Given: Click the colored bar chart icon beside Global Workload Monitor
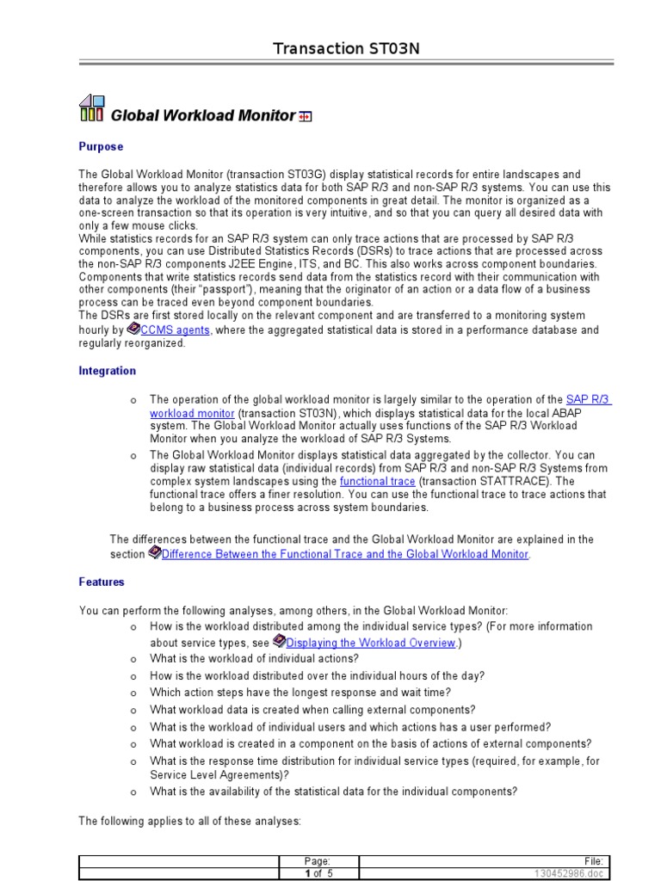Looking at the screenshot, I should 92,108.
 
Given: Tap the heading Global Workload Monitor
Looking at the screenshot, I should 202,115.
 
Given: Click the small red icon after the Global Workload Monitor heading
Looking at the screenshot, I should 305,116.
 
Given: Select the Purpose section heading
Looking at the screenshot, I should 101,147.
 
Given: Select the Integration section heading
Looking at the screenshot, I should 107,371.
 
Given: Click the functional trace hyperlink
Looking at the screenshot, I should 377,481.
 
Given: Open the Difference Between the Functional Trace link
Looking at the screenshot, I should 344,554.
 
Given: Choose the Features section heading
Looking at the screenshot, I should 102,582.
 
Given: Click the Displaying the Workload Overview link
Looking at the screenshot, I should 370,643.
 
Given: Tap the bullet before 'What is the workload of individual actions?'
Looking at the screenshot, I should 133,660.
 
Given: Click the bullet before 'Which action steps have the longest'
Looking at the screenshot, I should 133,693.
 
